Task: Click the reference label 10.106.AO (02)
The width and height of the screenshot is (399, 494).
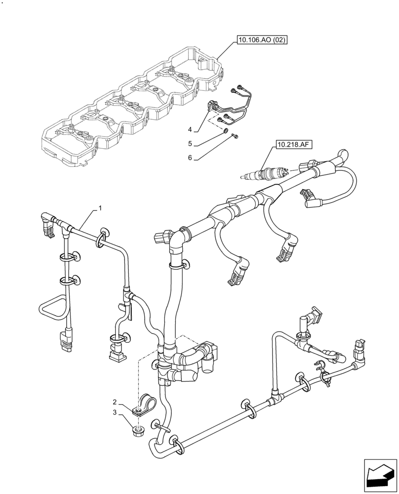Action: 262,41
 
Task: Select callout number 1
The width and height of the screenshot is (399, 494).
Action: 100,208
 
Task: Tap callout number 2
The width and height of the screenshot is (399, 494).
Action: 115,402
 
